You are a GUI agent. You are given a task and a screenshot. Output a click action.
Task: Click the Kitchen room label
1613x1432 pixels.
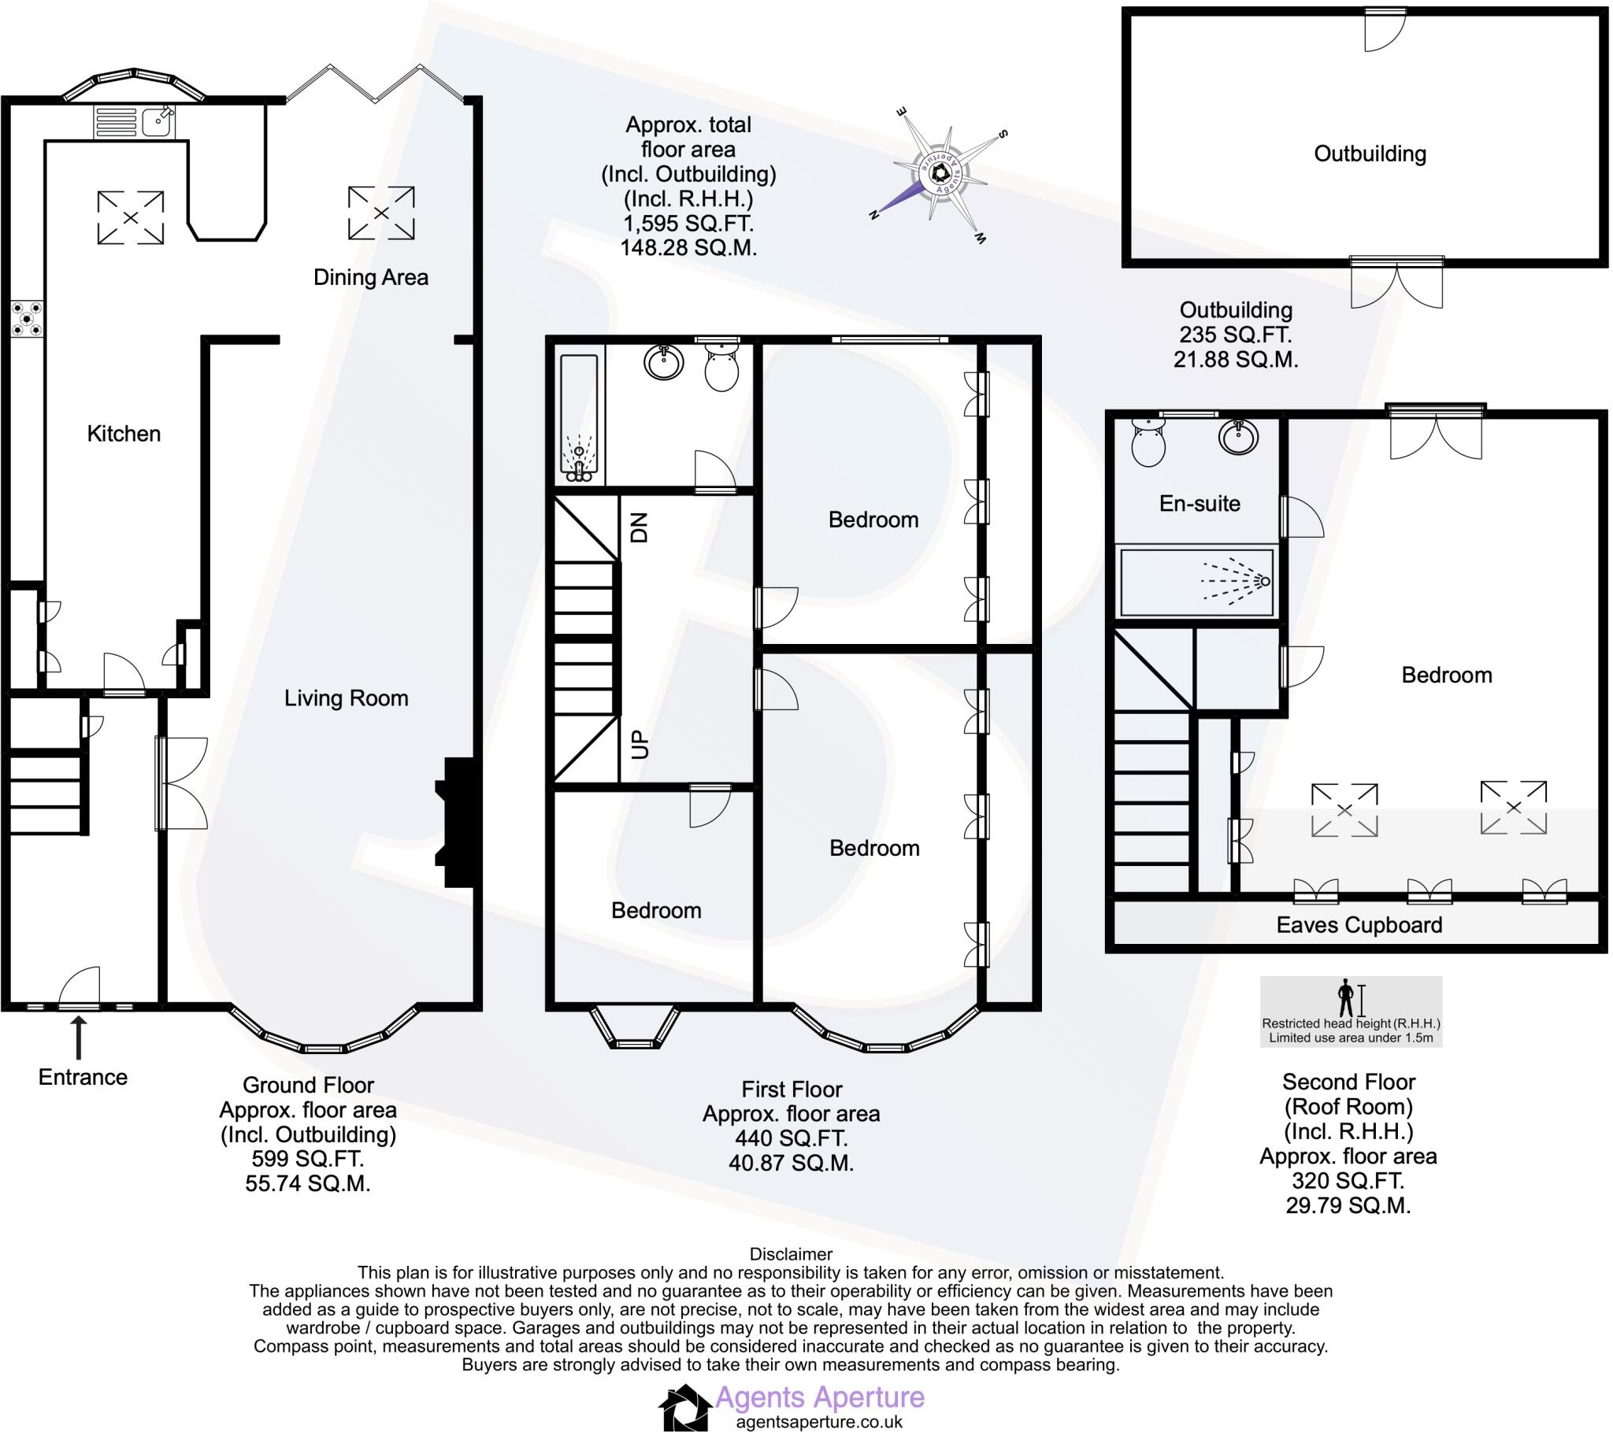pos(124,433)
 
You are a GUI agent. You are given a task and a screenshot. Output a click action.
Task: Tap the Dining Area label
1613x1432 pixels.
pos(370,277)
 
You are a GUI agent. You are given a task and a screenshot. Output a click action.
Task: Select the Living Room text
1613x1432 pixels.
pos(346,697)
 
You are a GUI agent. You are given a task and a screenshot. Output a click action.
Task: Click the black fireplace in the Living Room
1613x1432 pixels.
pos(457,822)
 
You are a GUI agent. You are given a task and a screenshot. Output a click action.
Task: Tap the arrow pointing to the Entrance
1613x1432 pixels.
pos(78,1037)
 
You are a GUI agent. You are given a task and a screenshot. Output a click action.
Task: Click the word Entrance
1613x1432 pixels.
pos(83,1077)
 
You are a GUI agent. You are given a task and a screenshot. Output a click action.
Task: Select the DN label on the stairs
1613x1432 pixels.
pos(640,527)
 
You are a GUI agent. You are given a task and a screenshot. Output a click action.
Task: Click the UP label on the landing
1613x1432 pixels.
pos(640,744)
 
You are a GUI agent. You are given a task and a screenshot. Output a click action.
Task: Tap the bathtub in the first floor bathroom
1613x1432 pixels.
pos(579,419)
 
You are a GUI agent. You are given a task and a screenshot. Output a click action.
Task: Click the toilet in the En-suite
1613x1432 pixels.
pos(1148,442)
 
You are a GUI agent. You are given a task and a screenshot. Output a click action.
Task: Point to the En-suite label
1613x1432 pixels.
pos(1199,503)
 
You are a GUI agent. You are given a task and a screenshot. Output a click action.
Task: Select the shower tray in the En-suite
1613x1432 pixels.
pos(1197,582)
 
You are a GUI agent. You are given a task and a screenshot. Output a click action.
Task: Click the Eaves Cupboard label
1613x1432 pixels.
pos(1359,925)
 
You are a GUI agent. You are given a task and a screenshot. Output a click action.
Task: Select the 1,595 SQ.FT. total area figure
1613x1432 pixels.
pos(688,224)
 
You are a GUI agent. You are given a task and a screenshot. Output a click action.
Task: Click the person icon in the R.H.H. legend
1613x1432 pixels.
pos(1345,998)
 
